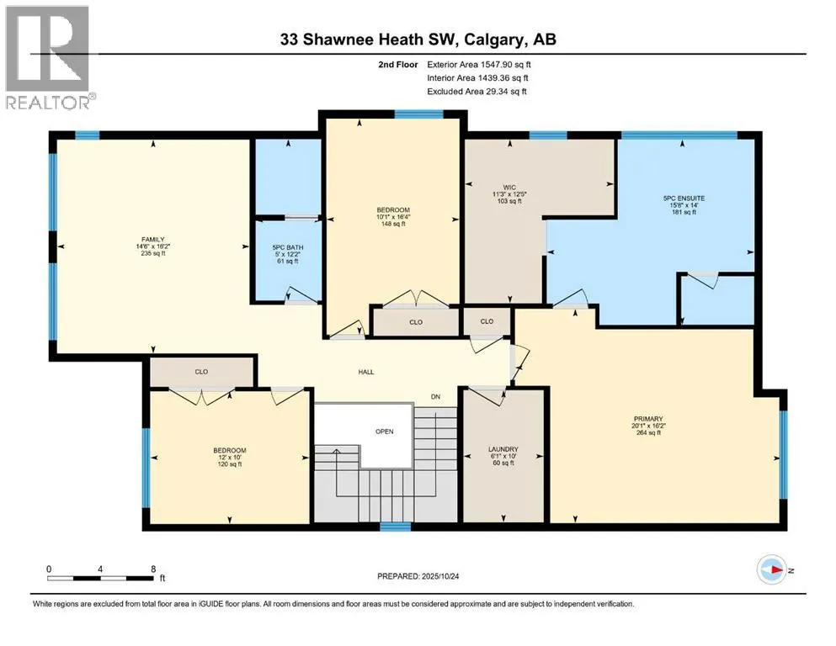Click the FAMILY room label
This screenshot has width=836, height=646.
[x=153, y=240]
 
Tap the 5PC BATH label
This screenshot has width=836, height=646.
[x=287, y=247]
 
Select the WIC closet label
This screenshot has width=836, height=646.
[x=509, y=188]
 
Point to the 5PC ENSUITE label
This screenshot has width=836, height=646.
[x=684, y=199]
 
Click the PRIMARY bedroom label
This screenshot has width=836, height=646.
[x=647, y=419]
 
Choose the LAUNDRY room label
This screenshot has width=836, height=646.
[x=503, y=449]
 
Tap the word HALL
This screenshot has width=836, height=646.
[x=365, y=373]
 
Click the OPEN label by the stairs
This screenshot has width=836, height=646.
[x=385, y=432]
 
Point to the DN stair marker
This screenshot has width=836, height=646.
[x=435, y=397]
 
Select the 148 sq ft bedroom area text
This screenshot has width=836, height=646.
[x=393, y=225]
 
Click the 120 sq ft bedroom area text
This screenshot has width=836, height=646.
[x=230, y=464]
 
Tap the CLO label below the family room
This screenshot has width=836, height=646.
[x=201, y=372]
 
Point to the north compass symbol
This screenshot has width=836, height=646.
[x=772, y=569]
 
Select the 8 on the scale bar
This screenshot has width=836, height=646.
[x=153, y=569]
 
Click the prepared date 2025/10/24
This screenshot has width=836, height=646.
[x=439, y=576]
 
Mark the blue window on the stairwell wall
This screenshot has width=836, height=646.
[x=395, y=527]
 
